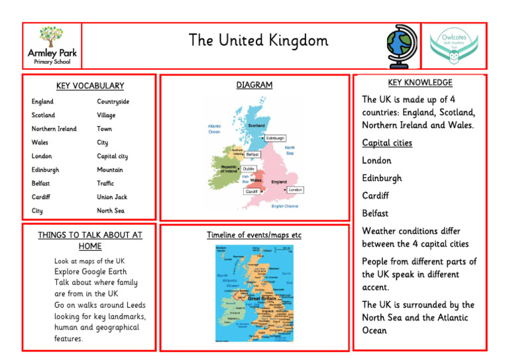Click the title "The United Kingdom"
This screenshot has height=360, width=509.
pyautogui.click(x=258, y=41)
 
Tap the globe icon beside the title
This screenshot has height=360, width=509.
pyautogui.click(x=402, y=46)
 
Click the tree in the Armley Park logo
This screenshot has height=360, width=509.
pyautogui.click(x=51, y=36)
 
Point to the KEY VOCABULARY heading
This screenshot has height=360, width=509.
pyautogui.click(x=89, y=86)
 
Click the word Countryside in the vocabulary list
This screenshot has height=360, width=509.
pyautogui.click(x=113, y=102)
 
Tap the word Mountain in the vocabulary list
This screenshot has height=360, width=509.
pyautogui.click(x=110, y=170)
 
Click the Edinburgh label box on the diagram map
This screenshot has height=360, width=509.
pyautogui.click(x=275, y=139)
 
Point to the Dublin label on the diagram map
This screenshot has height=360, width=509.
pyautogui.click(x=249, y=169)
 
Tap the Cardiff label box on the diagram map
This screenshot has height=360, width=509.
pyautogui.click(x=252, y=192)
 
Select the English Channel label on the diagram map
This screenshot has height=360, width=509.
pyautogui.click(x=285, y=206)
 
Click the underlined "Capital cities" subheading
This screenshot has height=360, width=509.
pyautogui.click(x=387, y=143)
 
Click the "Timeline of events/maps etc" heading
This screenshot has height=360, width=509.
pyautogui.click(x=254, y=235)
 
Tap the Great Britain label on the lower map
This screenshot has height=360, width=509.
pyautogui.click(x=262, y=299)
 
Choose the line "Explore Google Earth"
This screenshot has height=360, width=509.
pyautogui.click(x=90, y=271)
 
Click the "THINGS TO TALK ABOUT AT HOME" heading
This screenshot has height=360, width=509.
pyautogui.click(x=90, y=240)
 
